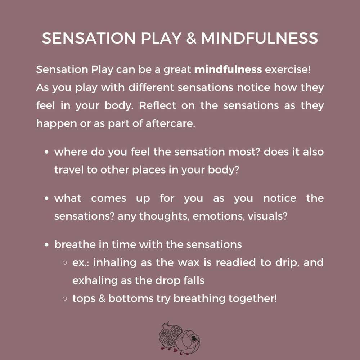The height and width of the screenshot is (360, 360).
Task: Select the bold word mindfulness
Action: click(228, 69)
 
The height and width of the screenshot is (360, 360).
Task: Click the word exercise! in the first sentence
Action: click(287, 69)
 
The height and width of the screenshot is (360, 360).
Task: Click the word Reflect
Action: click(158, 105)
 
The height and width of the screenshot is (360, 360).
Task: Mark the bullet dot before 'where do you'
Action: click(47, 152)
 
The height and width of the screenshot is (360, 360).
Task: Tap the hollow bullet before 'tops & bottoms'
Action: click(65, 299)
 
